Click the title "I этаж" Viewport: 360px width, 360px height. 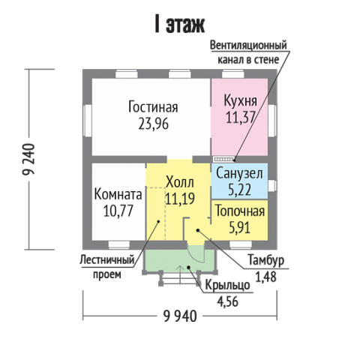click(180, 25)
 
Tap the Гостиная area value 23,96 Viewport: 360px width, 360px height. click(154, 124)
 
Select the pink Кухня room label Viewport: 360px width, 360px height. click(240, 101)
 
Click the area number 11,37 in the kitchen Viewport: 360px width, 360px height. click(240, 117)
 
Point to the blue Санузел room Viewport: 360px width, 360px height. click(239, 181)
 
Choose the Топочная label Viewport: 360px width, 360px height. click(240, 211)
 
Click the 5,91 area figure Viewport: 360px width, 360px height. click(240, 228)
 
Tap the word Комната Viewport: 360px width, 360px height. click(118, 194)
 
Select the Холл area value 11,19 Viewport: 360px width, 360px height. click(180, 199)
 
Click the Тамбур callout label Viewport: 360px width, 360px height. click(266, 260)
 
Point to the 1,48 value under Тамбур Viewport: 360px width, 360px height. click(265, 277)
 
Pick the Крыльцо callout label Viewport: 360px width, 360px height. click(227, 285)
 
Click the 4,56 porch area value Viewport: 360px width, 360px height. click(227, 301)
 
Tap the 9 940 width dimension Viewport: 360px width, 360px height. click(180, 316)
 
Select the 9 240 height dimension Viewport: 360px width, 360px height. click(28, 159)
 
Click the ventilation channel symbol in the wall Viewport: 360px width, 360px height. click(223, 159)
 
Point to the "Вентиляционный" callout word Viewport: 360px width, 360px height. click(248, 46)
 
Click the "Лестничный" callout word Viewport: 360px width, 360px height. click(107, 260)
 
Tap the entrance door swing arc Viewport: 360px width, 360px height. click(196, 255)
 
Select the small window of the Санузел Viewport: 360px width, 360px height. click(272, 185)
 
